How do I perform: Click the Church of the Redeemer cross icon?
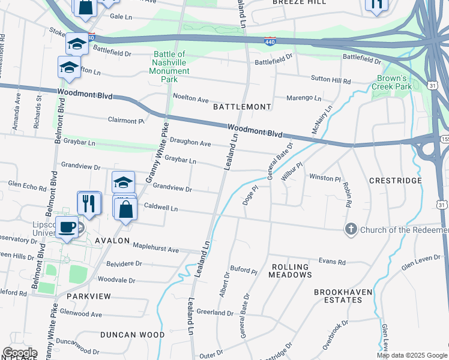pos(351,229)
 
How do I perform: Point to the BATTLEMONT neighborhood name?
pos(242,106)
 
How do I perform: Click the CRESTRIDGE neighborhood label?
pos(395,180)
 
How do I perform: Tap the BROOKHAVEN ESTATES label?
pos(343,296)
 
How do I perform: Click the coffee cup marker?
pos(68,227)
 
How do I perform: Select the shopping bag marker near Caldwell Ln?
pos(125,210)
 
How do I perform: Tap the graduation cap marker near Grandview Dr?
pos(123,182)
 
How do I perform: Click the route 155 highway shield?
pos(444,139)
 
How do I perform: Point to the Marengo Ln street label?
pos(303,98)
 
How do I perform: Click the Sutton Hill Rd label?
pos(330,80)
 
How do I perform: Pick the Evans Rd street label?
pos(332,262)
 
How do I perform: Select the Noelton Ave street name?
pos(190,98)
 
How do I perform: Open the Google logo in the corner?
pos(20,353)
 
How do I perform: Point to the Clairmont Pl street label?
pos(126,121)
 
